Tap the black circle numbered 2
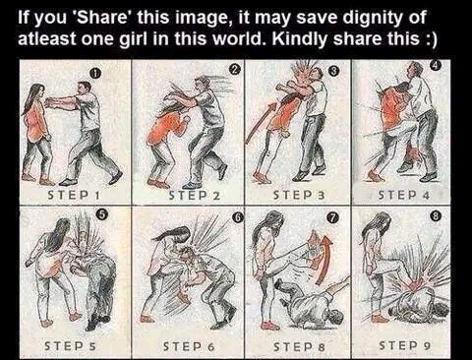(234, 69)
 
